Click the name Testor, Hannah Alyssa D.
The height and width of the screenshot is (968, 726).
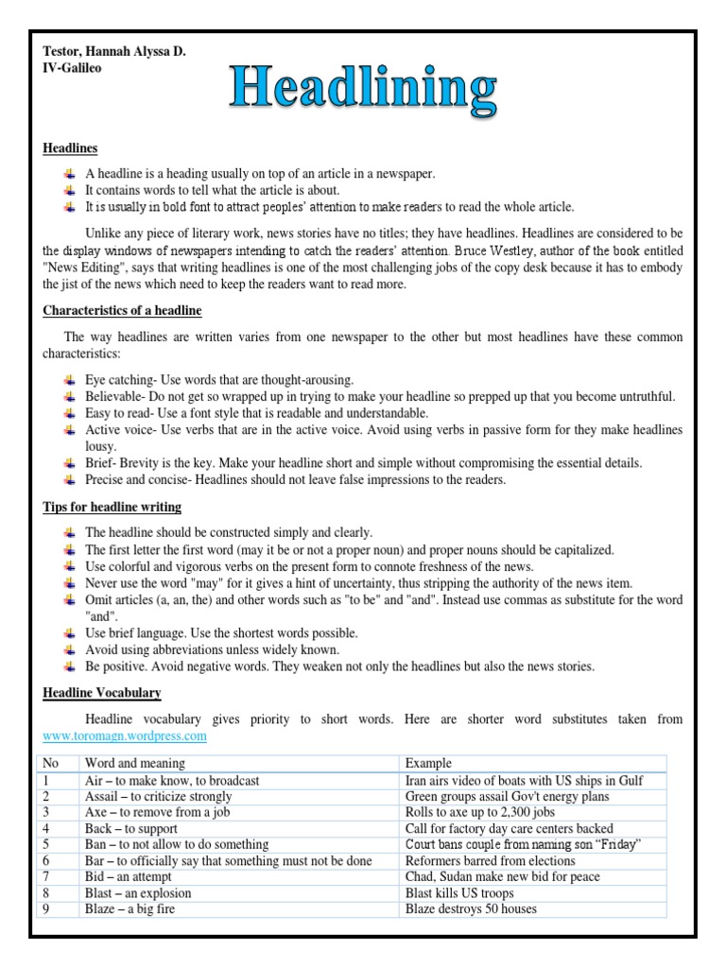(x=114, y=52)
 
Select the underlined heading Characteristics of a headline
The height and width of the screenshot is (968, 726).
(x=122, y=311)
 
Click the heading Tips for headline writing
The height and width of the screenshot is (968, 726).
(x=112, y=508)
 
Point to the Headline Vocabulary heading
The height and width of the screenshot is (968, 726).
(x=102, y=693)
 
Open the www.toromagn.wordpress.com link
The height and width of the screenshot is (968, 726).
(x=125, y=735)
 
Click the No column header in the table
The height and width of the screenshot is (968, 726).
(x=50, y=763)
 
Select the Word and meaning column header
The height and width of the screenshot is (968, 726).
(x=135, y=763)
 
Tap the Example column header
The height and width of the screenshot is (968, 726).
(x=428, y=763)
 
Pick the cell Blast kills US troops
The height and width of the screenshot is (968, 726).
(x=459, y=892)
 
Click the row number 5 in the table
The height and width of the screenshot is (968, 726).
(x=47, y=844)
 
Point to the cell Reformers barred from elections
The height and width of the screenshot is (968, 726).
(x=490, y=860)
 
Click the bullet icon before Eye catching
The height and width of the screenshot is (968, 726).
(x=70, y=380)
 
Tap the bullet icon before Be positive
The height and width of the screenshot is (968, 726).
(x=70, y=666)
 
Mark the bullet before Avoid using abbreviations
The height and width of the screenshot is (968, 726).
(x=70, y=649)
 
